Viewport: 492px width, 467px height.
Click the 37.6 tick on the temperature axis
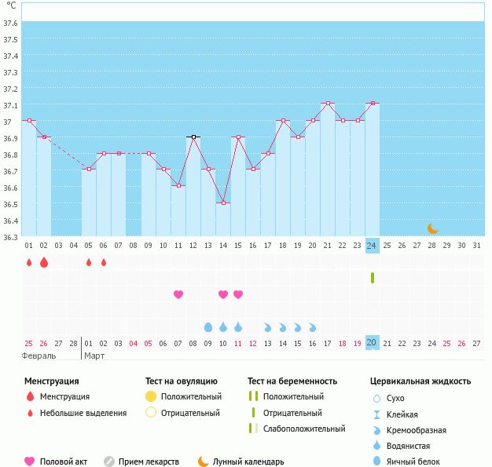[x=10, y=23]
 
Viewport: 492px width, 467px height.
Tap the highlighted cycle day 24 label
[x=372, y=246]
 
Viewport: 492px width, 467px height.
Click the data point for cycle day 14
[x=223, y=203]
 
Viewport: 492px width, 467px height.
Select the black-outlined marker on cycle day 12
[x=193, y=137]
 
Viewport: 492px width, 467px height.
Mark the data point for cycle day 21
[x=328, y=104]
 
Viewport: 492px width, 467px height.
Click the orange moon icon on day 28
[x=432, y=228]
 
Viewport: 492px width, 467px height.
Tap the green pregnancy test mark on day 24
[x=373, y=278]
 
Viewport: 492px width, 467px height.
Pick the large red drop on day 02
[x=44, y=262]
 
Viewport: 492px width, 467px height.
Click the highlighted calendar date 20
[x=372, y=343]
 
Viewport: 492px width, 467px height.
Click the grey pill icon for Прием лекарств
[x=108, y=462]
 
